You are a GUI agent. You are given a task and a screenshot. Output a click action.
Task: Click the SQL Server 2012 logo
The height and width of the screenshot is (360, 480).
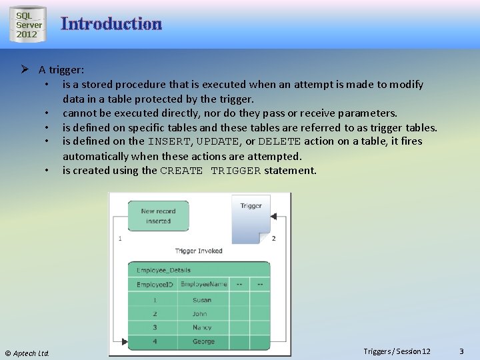tap(27, 25)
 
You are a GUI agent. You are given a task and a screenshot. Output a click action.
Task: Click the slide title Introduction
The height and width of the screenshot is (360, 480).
tap(111, 24)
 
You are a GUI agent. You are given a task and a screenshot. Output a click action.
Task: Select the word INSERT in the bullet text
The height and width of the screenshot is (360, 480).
tap(169, 141)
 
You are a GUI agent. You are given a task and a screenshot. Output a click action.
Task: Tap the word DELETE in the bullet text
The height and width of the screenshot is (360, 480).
tap(279, 141)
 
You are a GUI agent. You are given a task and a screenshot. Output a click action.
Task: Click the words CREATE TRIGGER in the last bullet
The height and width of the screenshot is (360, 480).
tap(211, 171)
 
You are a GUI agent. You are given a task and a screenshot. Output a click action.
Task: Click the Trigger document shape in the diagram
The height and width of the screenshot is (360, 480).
tap(251, 217)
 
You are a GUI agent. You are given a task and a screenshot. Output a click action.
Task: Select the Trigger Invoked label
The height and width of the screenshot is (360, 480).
tap(199, 251)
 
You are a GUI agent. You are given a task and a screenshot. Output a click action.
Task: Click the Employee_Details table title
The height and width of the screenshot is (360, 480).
tap(163, 270)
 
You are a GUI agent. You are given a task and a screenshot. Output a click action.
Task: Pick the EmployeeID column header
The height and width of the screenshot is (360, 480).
tap(155, 284)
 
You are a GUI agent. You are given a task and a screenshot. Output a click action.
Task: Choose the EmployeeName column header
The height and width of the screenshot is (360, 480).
tap(203, 284)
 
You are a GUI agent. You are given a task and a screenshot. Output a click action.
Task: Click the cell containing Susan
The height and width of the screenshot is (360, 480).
tap(202, 300)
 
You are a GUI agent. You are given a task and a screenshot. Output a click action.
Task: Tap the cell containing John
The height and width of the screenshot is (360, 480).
tap(200, 314)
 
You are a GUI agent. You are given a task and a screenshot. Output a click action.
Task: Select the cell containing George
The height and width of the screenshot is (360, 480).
tap(203, 341)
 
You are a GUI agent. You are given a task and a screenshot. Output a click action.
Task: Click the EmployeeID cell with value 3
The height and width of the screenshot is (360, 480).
tap(155, 327)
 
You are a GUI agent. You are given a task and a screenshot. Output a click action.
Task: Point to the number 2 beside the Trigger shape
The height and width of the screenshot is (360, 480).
tap(273, 238)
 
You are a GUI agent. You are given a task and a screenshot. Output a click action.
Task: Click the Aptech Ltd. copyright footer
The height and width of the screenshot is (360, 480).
tap(27, 353)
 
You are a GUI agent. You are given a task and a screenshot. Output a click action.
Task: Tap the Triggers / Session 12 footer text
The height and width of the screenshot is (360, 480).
tap(397, 351)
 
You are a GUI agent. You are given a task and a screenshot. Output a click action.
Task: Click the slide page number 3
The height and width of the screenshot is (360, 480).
tap(461, 351)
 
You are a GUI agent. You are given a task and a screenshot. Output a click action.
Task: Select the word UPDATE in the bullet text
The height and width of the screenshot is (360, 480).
tap(218, 141)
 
